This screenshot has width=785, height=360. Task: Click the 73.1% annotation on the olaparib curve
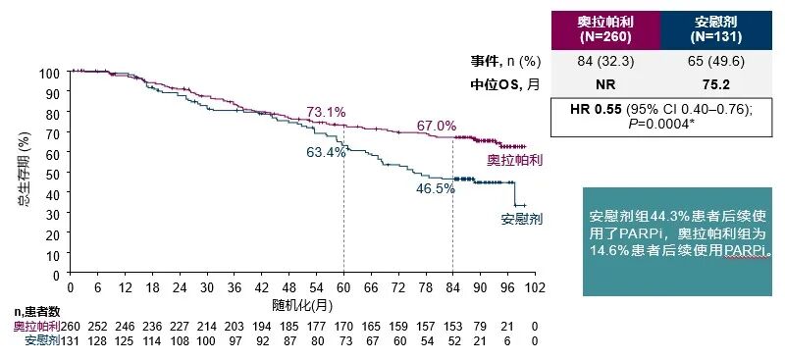(x=326, y=113)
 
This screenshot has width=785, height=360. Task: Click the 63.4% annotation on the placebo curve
(x=326, y=152)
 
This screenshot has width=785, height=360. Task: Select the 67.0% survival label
(x=437, y=126)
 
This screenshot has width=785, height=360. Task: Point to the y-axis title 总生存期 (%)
(x=22, y=175)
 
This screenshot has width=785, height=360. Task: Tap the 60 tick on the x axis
(x=343, y=288)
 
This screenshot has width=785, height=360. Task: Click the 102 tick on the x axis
(x=534, y=288)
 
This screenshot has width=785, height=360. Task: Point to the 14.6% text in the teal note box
(x=609, y=249)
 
